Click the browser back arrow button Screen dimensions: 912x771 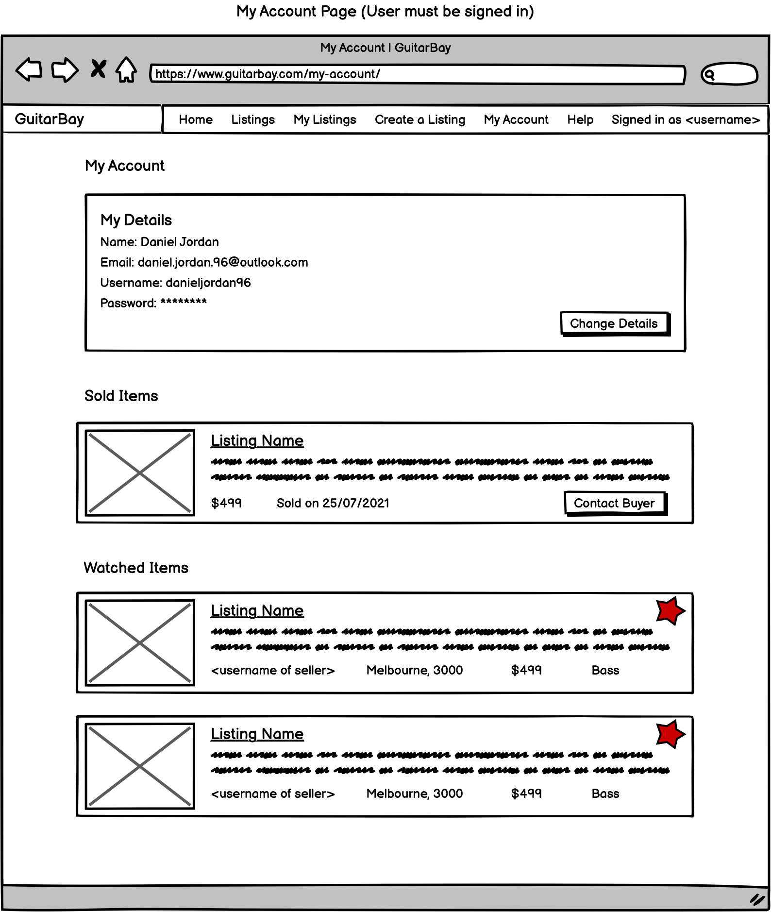point(29,69)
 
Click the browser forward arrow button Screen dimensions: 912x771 point(65,69)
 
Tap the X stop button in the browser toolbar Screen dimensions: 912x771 point(98,69)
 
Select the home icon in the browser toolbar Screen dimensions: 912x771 point(126,69)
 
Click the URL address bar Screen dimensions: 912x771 point(417,74)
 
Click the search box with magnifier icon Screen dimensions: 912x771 point(729,74)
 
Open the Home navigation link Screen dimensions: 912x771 point(196,119)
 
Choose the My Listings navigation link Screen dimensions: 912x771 point(325,119)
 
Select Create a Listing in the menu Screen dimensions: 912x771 point(420,119)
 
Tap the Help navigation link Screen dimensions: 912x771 point(580,119)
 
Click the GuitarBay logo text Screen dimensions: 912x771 point(50,119)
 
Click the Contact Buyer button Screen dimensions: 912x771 point(615,503)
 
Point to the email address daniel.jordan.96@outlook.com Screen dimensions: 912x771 point(223,262)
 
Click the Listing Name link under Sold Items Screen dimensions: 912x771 point(257,440)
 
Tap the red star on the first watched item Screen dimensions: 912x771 point(670,610)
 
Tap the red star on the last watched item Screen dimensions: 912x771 point(670,734)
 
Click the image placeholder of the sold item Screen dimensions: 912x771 point(140,473)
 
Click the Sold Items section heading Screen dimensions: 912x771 point(121,396)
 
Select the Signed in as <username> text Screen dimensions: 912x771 point(686,119)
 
